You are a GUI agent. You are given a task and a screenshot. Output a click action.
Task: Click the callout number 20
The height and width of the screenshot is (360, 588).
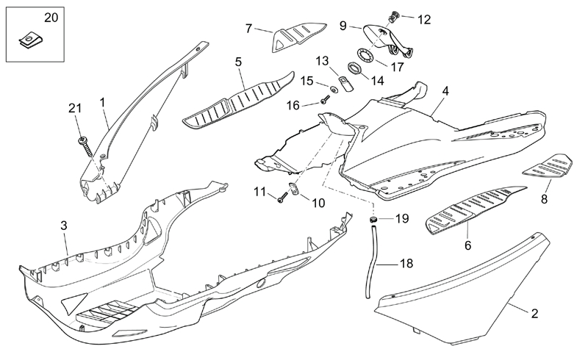point(29,16)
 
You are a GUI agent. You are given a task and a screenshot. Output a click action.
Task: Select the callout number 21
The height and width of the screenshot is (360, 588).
point(74,108)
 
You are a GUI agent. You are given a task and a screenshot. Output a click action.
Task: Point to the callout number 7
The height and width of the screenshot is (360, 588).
point(248,28)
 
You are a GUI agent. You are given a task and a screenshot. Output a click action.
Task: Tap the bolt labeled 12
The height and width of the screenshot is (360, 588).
point(394,14)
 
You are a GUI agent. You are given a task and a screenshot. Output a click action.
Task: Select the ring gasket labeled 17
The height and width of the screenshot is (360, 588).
point(367,54)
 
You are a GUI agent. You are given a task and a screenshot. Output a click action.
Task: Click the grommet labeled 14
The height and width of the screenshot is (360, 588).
point(353,70)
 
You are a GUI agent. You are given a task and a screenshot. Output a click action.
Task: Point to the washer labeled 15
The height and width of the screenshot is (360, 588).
point(333,90)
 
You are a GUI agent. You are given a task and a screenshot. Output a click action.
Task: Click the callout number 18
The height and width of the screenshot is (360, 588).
point(406,263)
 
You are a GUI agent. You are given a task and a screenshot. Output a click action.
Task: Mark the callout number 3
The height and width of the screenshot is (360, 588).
point(64,225)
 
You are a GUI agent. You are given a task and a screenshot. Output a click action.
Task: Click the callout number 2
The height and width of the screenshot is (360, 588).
point(534,313)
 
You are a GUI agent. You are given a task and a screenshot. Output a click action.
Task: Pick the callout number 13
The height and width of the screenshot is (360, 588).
point(323,60)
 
